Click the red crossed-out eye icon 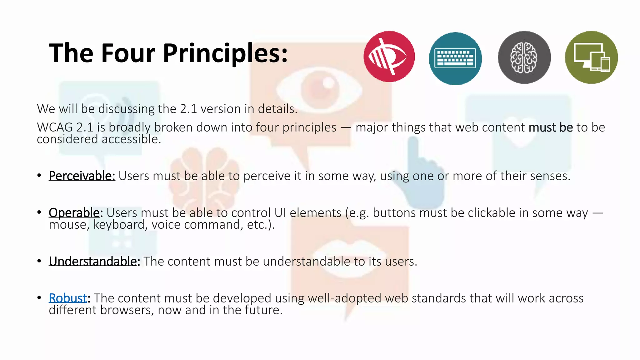[x=389, y=57]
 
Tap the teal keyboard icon [x=455, y=58]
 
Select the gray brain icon [x=524, y=57]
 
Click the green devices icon [x=591, y=57]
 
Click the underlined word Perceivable [x=82, y=176]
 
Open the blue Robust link [x=68, y=298]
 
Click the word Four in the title [x=128, y=53]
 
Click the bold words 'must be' [x=551, y=127]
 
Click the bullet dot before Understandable [x=39, y=261]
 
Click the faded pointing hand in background [x=419, y=175]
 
